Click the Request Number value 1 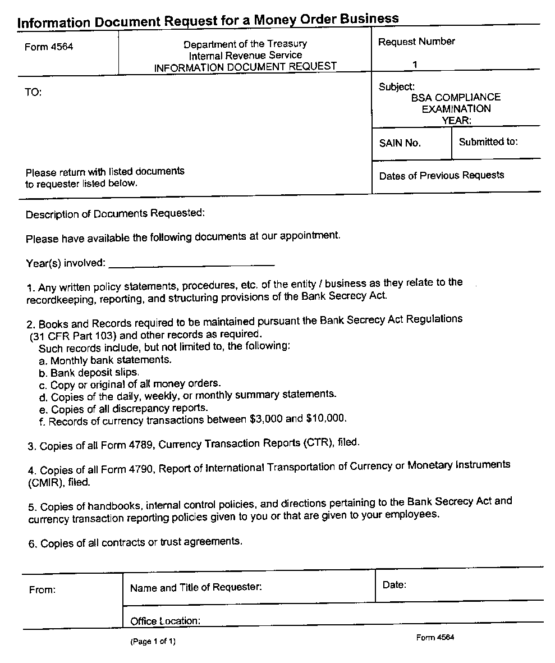415,64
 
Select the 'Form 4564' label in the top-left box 49,47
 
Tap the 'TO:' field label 33,93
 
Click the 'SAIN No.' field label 400,143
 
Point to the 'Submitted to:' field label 488,142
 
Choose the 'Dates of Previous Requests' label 442,176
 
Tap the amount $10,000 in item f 326,418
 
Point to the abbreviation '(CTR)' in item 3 318,443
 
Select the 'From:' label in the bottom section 42,590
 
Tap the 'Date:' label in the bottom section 395,585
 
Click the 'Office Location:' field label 165,621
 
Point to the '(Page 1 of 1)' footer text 153,641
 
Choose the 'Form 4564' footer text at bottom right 435,637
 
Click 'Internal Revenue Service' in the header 245,56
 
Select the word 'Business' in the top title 366,19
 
